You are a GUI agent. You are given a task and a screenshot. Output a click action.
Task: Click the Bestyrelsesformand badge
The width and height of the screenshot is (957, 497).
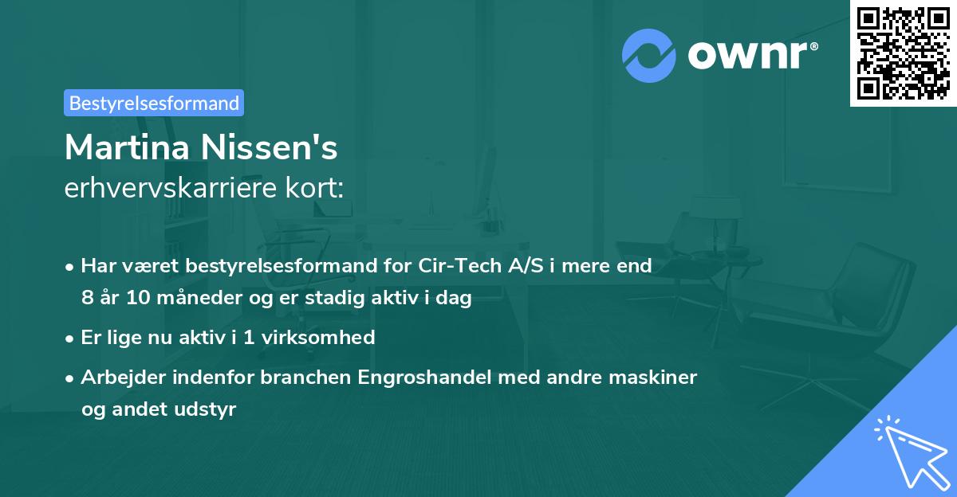point(154,103)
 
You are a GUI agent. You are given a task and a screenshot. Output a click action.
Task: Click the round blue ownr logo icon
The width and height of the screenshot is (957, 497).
point(649,55)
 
